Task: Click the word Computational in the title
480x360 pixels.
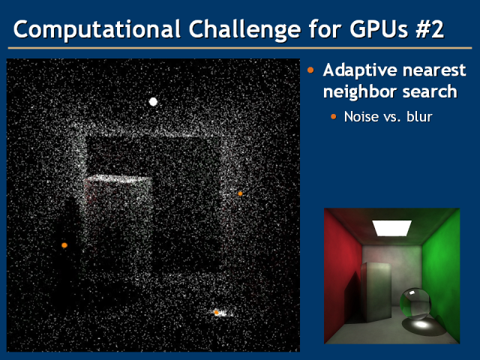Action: [x=97, y=29]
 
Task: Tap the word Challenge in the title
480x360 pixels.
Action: [x=244, y=30]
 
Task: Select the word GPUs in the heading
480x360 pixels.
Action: [x=378, y=29]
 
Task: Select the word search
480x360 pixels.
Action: [x=430, y=91]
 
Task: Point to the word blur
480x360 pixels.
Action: [x=419, y=117]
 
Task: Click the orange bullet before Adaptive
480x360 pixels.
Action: [x=310, y=70]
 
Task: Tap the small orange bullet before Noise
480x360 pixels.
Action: [x=333, y=116]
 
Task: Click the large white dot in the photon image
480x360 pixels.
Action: [x=153, y=102]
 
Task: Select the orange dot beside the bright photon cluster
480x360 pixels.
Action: [x=217, y=312]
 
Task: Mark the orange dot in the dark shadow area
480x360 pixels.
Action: [x=64, y=245]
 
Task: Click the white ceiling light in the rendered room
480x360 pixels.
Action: [x=391, y=228]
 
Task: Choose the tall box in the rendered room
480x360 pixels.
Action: [x=376, y=291]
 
